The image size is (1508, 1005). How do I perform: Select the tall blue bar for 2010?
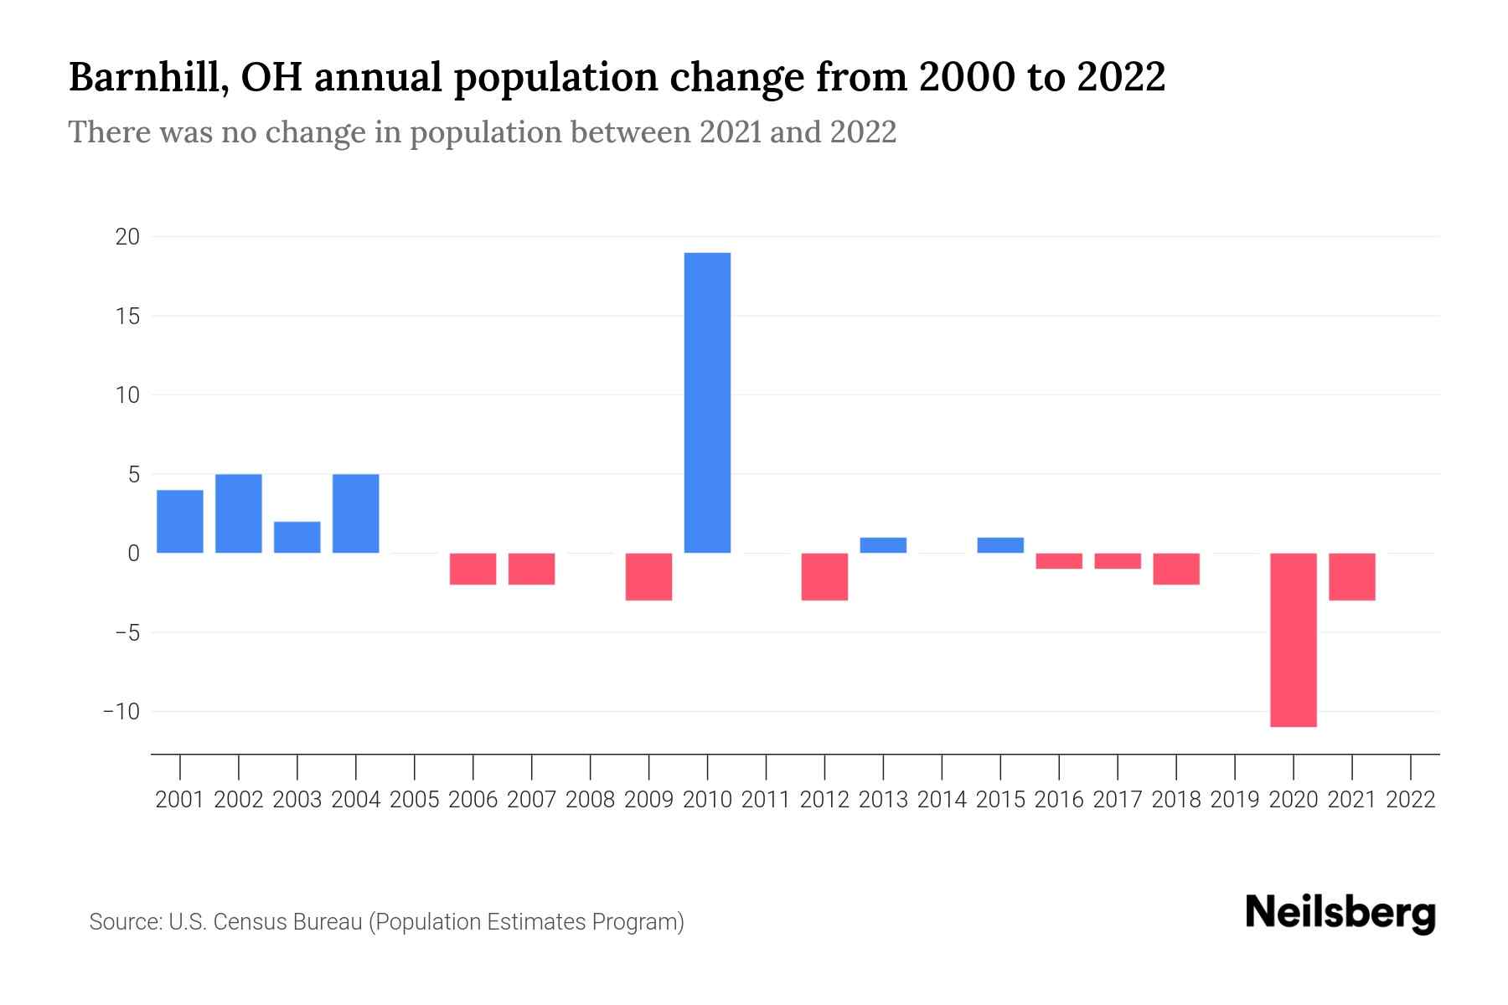(x=707, y=402)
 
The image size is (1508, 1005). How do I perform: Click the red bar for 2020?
(x=1293, y=640)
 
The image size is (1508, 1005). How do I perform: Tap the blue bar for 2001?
(x=180, y=521)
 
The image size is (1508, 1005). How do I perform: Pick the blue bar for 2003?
(x=297, y=537)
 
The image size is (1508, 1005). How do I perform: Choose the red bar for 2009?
(x=648, y=576)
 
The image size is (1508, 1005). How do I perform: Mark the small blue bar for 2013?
(x=883, y=545)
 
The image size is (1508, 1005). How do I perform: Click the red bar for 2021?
(x=1351, y=576)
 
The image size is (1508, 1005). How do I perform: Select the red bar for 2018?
(x=1175, y=569)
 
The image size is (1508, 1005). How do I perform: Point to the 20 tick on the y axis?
(x=127, y=237)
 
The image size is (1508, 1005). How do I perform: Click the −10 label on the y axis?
(x=121, y=711)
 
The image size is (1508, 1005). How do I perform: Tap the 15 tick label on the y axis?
(x=127, y=317)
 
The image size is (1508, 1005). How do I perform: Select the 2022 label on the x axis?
(x=1410, y=800)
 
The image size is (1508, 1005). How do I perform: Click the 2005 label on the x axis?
(x=415, y=800)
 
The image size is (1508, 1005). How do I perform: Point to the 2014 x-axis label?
(x=942, y=800)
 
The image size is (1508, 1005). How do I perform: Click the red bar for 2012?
(x=824, y=576)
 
